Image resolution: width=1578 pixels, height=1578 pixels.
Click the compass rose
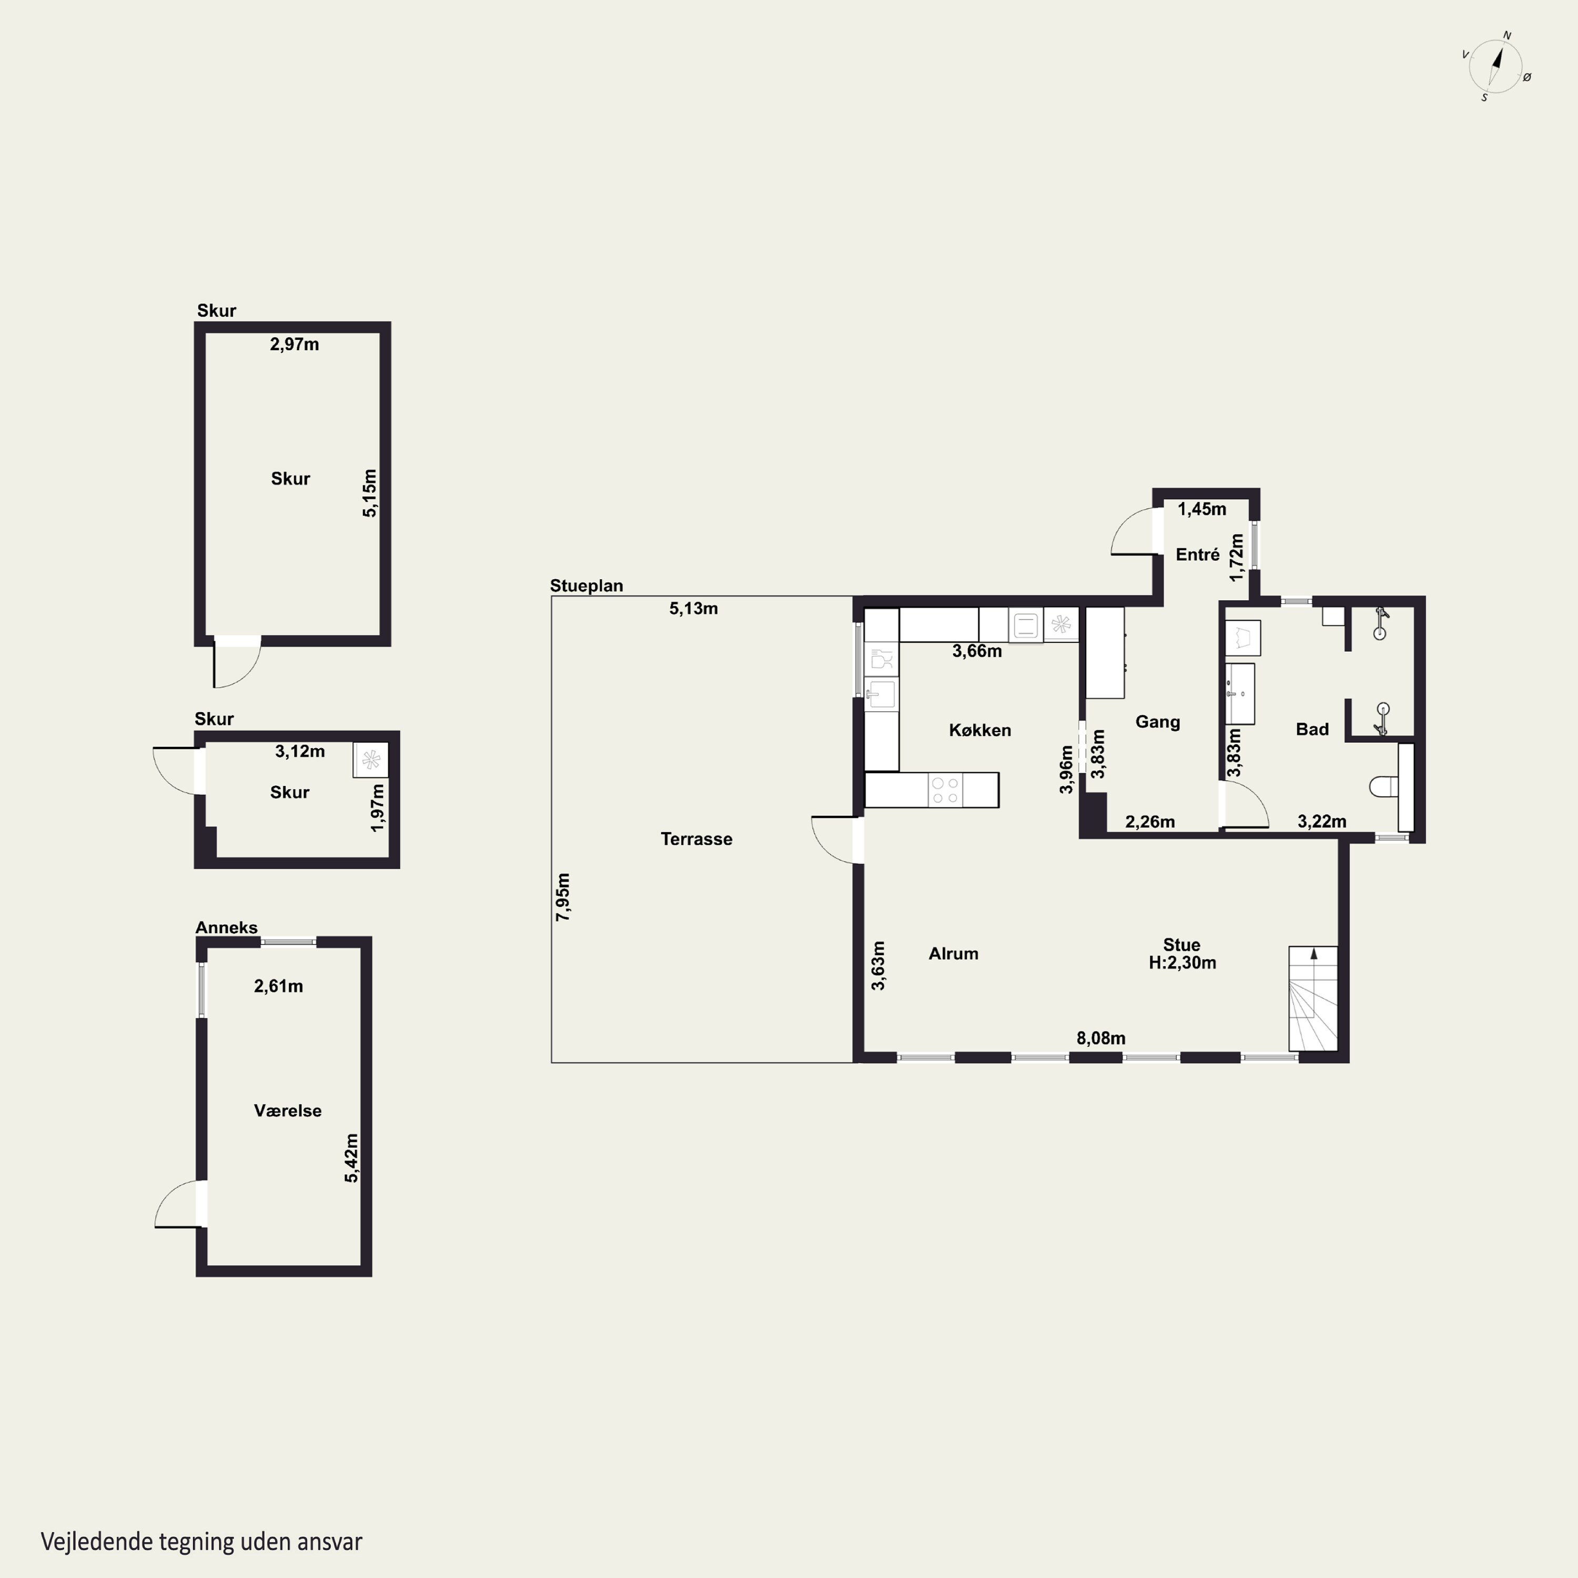tap(1495, 67)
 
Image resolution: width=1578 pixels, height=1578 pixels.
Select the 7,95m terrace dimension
tap(563, 897)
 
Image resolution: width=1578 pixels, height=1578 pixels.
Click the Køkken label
tap(979, 730)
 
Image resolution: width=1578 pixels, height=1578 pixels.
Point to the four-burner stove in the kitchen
tap(945, 790)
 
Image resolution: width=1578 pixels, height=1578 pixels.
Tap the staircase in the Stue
tap(1313, 998)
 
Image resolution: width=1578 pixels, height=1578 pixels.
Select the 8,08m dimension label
tap(1100, 1038)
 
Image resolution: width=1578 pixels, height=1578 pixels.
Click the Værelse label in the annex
tap(288, 1111)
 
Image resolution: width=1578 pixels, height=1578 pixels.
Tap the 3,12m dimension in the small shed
tap(300, 752)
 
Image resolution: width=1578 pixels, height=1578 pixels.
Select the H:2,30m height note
tap(1182, 963)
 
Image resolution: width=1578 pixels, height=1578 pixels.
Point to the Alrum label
tap(953, 953)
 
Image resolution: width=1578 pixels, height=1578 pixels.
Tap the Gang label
tap(1157, 722)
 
